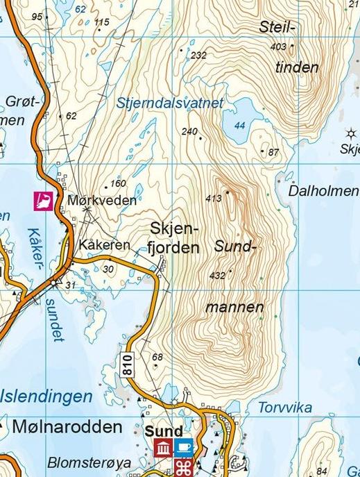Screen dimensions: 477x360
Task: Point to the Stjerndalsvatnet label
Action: (171, 103)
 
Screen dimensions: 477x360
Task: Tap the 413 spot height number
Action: (214, 199)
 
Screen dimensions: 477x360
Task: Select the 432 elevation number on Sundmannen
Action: (216, 276)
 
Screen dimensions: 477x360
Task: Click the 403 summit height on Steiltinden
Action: (279, 47)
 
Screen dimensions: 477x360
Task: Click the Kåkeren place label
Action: (105, 245)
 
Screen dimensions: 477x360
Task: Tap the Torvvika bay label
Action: (283, 407)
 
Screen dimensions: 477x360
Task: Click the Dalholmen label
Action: (323, 190)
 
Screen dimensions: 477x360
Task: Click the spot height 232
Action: (198, 55)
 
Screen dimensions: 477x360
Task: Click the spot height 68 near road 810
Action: (157, 357)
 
